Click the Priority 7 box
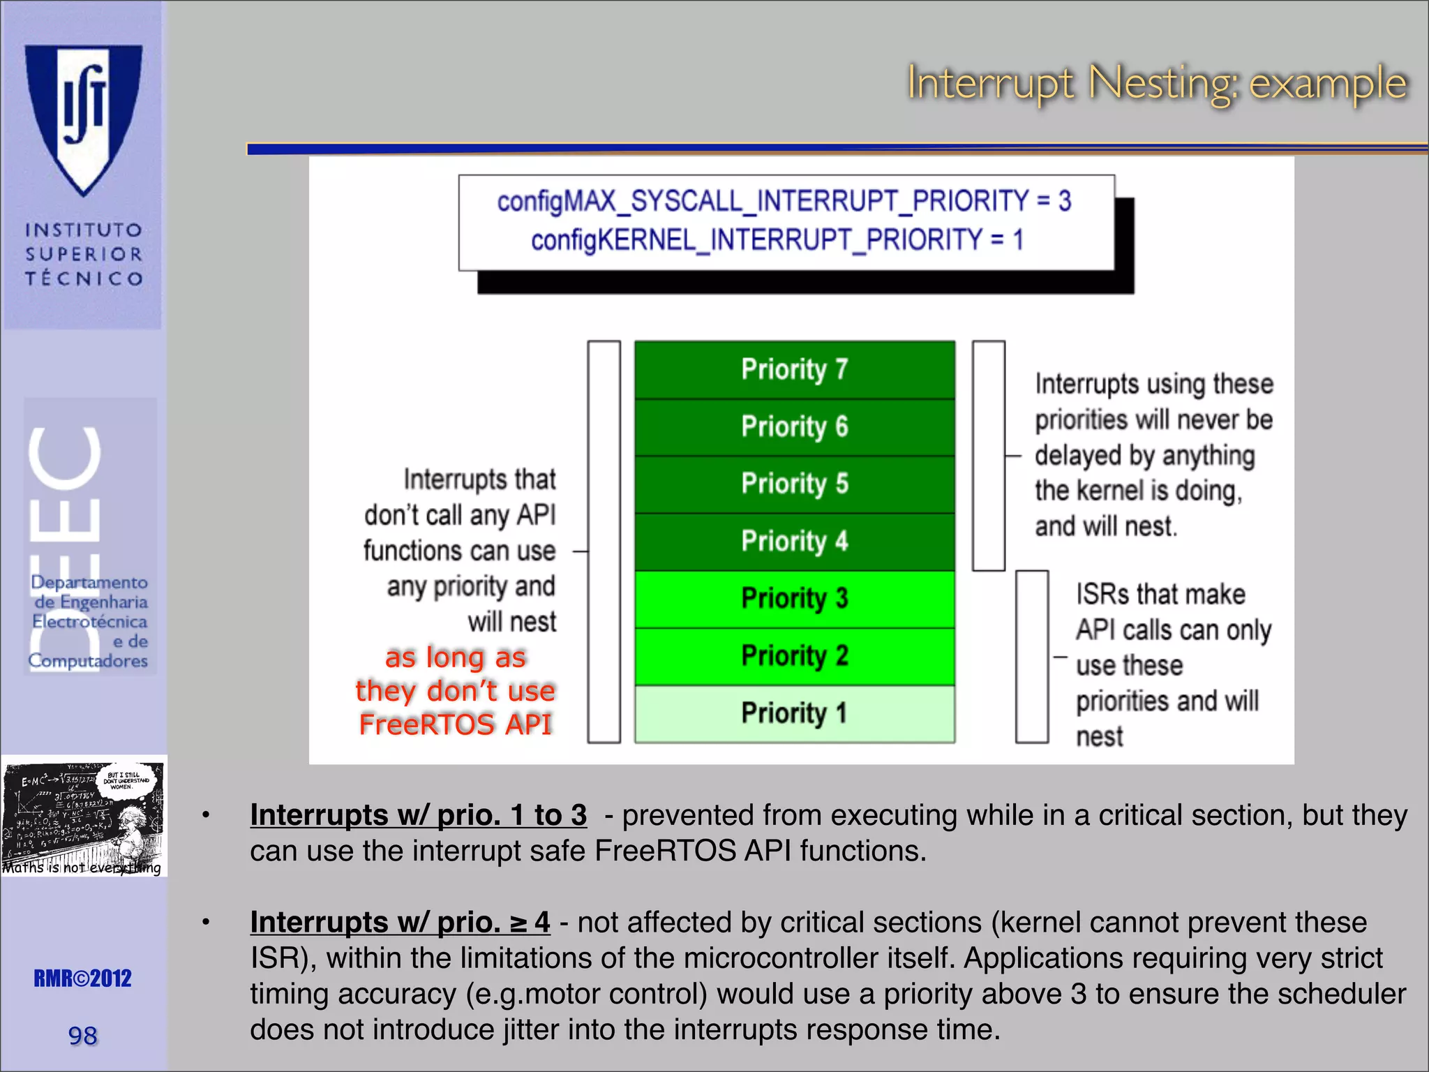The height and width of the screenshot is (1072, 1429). (794, 369)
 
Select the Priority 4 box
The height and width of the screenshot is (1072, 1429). (794, 541)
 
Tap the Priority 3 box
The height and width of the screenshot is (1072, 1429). (794, 598)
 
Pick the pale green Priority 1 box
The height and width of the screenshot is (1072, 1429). (794, 713)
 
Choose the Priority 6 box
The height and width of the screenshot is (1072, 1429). (794, 426)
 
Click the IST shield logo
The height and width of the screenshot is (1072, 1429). (84, 119)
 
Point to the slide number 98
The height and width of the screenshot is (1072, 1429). (82, 1036)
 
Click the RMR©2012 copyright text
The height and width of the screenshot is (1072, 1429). (82, 978)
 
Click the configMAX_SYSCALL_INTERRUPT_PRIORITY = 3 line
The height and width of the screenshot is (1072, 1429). (784, 201)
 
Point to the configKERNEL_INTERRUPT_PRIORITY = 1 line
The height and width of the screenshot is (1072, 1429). (777, 240)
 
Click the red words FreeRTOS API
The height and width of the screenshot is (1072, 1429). (455, 724)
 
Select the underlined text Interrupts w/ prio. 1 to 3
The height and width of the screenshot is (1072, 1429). (418, 815)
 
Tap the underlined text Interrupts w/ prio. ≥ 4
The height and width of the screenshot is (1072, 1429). (400, 923)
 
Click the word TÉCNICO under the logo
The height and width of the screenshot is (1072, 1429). (84, 278)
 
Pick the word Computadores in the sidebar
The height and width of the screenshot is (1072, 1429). (88, 660)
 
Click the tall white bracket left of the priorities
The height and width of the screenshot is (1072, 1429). (604, 542)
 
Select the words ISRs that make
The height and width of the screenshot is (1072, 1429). (1160, 595)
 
